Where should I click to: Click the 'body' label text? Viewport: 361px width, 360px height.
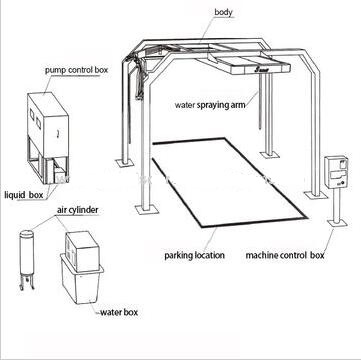[223, 13]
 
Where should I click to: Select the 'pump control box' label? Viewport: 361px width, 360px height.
[77, 70]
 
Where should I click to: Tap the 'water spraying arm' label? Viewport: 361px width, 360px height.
[210, 105]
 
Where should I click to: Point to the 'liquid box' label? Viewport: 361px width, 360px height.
[24, 195]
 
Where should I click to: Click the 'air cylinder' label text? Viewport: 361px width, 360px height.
[78, 210]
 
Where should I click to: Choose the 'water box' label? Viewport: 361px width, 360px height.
[119, 313]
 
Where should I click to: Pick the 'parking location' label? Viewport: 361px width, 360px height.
[194, 256]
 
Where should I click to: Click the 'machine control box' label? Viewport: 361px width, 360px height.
[285, 255]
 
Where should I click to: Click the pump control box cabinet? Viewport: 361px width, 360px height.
[48, 138]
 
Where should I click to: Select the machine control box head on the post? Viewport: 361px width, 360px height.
[336, 171]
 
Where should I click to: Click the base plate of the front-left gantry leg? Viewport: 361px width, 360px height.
[145, 210]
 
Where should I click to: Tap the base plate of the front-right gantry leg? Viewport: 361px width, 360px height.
[315, 195]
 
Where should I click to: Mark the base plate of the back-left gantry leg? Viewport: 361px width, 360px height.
[124, 163]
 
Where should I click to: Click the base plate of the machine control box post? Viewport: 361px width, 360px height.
[337, 223]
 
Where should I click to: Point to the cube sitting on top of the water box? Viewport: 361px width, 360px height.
[82, 246]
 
